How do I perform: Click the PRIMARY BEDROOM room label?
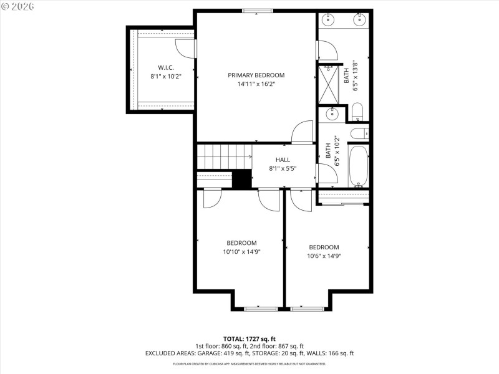pyautogui.click(x=256, y=75)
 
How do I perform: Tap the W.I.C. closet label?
pyautogui.click(x=165, y=67)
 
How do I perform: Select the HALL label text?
pyautogui.click(x=283, y=160)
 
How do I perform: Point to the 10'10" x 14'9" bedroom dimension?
pyautogui.click(x=241, y=252)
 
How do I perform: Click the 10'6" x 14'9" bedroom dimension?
pyautogui.click(x=324, y=256)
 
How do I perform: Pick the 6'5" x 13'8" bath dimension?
pyautogui.click(x=356, y=76)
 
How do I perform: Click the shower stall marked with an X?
pyautogui.click(x=328, y=84)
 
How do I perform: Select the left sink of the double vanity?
pyautogui.click(x=329, y=20)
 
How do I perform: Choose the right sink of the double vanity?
pyautogui.click(x=359, y=20)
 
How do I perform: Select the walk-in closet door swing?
pyautogui.click(x=185, y=48)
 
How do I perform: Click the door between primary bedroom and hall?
pyautogui.click(x=303, y=132)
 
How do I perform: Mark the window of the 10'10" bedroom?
pyautogui.click(x=260, y=308)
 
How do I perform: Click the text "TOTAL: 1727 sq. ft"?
pyautogui.click(x=249, y=338)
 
